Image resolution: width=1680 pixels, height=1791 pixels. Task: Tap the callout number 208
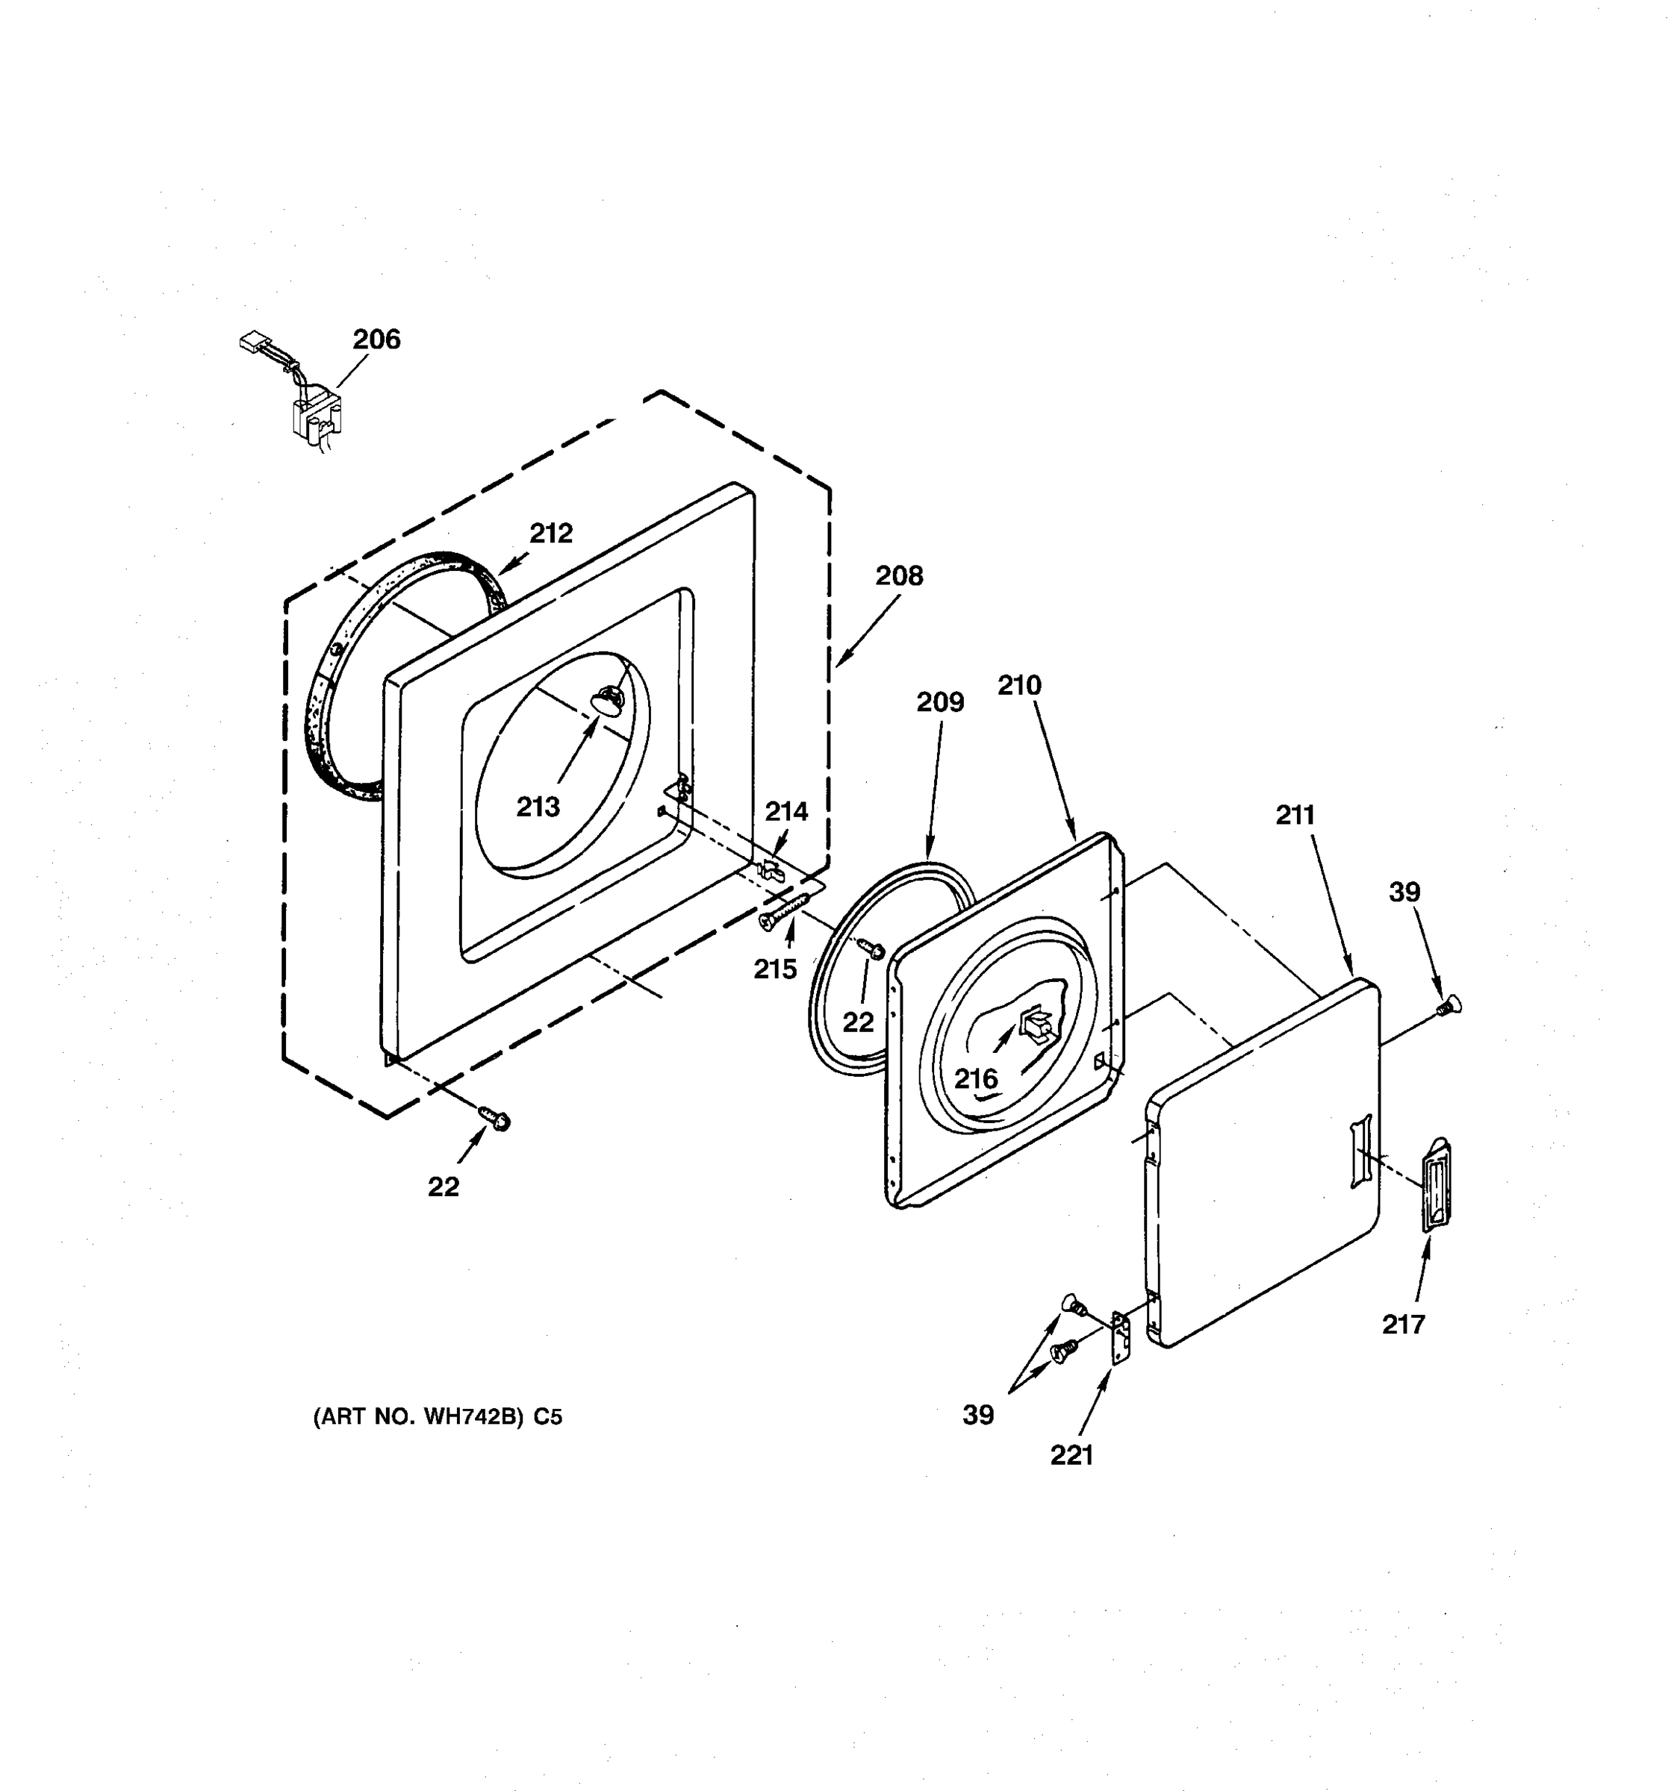click(898, 575)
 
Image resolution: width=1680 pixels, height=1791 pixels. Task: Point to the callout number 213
click(538, 806)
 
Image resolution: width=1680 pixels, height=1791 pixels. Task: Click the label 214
click(786, 812)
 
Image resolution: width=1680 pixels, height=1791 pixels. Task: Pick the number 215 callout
click(775, 969)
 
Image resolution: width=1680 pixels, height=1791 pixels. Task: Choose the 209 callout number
click(940, 701)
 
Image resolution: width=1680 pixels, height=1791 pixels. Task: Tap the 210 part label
click(1018, 686)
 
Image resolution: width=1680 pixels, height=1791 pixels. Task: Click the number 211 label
click(1295, 816)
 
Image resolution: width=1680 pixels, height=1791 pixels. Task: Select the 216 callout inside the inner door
click(976, 1078)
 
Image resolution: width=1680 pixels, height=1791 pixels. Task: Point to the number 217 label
click(1403, 1325)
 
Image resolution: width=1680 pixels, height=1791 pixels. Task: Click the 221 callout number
click(1071, 1455)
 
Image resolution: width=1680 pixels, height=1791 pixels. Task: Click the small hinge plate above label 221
click(1120, 1340)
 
